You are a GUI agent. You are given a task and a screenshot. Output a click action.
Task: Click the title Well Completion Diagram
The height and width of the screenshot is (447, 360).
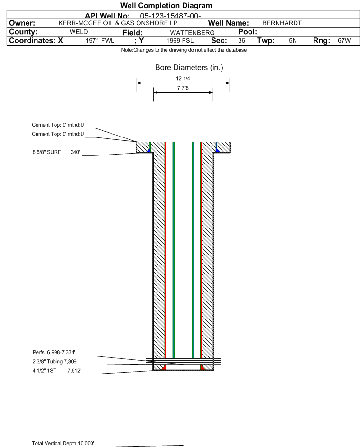point(166,5)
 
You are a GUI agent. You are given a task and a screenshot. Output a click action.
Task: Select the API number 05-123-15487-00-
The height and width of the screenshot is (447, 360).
point(170,16)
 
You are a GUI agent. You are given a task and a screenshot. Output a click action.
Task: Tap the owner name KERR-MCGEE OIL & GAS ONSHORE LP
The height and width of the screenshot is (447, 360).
point(118,23)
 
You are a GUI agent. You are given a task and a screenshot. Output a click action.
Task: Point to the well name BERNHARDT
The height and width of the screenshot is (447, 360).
point(282,23)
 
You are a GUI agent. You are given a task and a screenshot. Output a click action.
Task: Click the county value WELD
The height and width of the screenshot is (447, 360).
point(79,32)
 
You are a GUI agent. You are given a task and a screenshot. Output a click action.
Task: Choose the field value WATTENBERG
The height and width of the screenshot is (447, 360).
point(192,33)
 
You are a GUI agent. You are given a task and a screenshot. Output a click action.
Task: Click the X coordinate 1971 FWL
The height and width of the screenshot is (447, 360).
point(100,41)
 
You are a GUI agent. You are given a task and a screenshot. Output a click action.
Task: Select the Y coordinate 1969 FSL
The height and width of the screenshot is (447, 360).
point(180,41)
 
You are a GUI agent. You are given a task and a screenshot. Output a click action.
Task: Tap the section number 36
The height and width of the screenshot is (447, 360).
point(241,41)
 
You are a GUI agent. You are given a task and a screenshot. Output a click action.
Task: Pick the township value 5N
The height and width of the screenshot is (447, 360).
point(293,41)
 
